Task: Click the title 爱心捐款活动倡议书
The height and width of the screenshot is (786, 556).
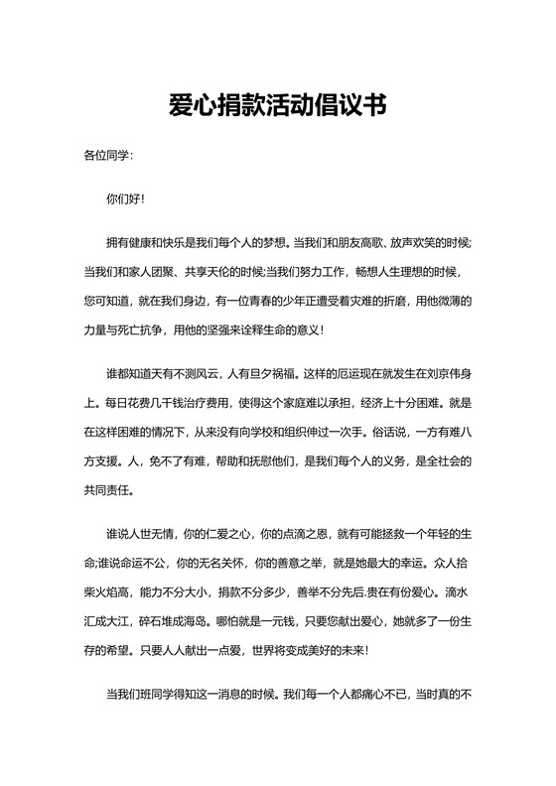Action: click(x=277, y=104)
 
